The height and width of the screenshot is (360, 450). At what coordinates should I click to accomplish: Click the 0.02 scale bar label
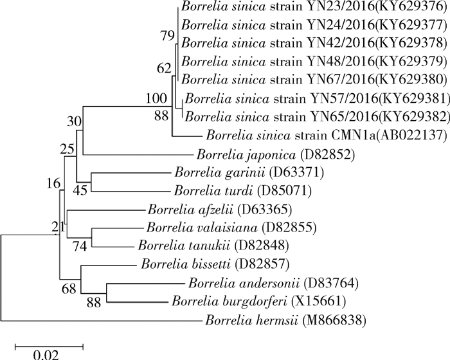point(49,353)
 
